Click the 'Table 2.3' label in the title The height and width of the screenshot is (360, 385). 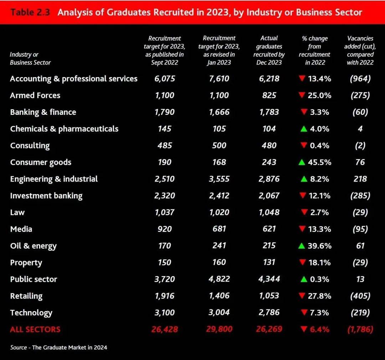pos(30,12)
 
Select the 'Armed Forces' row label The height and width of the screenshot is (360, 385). pos(35,95)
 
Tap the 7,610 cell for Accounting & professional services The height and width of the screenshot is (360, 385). pos(219,78)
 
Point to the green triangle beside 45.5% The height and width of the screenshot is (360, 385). pos(302,162)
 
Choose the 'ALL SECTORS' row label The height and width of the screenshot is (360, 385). pos(35,329)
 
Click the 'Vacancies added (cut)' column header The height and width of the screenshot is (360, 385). pos(360,50)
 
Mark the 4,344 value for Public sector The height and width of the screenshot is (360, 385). pos(269,279)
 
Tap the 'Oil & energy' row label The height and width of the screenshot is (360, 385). pos(33,246)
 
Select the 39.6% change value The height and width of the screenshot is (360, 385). pos(320,246)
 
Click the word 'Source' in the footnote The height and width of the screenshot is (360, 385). pos(18,347)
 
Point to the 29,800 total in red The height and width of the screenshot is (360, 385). pos(219,329)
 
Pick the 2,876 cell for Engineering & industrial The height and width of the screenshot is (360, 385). pos(269,179)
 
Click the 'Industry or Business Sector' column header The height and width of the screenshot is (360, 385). pos(30,59)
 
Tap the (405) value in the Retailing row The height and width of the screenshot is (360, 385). pos(360,296)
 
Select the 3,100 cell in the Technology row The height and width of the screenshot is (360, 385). pos(165,313)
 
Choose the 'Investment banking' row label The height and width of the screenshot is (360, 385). pos(46,196)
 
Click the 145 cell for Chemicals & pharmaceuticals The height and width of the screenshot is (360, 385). pos(165,129)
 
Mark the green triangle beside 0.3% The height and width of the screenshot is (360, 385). pos(304,279)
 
